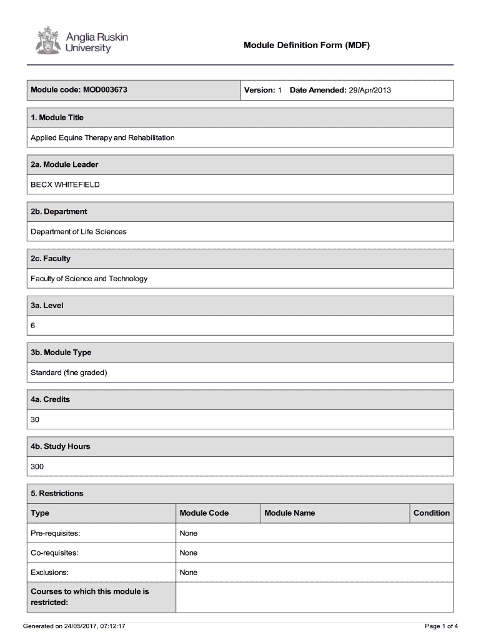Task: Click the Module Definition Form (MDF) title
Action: (x=307, y=46)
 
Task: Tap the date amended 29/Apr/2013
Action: (x=370, y=90)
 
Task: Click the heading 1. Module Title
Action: (x=57, y=117)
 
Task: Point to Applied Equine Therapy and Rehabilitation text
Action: (x=102, y=137)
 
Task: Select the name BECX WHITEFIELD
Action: (x=65, y=184)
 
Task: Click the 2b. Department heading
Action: (x=59, y=211)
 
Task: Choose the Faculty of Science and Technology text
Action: (x=89, y=279)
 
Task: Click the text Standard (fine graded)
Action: (x=69, y=372)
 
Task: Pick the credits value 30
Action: (x=35, y=419)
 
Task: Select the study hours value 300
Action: (x=37, y=466)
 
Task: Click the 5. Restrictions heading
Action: (x=57, y=493)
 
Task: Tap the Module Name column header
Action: (x=289, y=513)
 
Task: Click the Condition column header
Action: (x=431, y=513)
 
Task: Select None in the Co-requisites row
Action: (x=188, y=552)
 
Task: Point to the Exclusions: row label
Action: (x=49, y=572)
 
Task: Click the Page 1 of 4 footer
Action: (x=441, y=626)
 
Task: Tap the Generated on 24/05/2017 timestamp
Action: (x=74, y=626)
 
